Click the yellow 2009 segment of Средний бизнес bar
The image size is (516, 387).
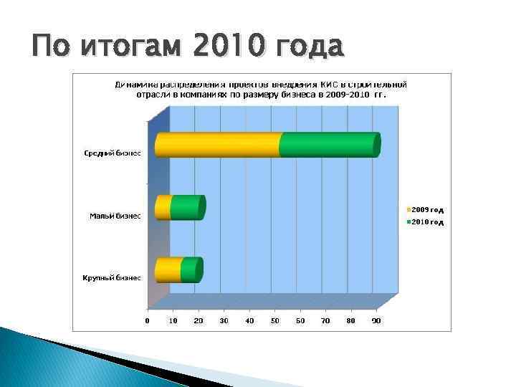217,145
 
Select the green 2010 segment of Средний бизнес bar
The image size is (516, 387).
327,145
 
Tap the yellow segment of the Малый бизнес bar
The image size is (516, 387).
163,207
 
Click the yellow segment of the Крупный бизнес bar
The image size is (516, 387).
168,269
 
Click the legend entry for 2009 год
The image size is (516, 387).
426,210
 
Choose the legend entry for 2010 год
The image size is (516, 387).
426,222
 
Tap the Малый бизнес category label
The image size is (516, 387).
115,215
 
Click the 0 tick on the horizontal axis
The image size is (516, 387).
147,321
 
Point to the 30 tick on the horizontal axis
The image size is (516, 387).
224,321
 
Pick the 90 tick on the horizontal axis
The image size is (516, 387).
376,321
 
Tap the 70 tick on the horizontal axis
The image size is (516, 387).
325,321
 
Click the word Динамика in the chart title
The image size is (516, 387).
133,85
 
